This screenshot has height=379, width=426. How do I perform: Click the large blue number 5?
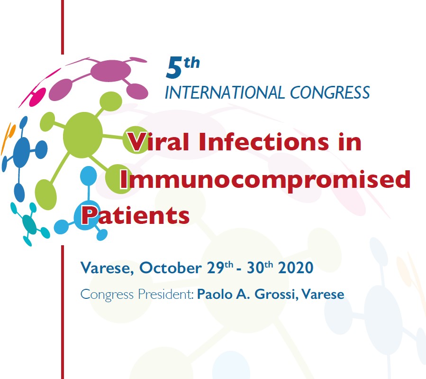pyautogui.click(x=174, y=68)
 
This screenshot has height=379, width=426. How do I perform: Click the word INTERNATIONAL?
pyautogui.click(x=225, y=92)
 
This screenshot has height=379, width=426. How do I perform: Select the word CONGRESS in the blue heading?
pyautogui.click(x=330, y=92)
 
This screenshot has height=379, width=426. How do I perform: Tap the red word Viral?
pyautogui.click(x=158, y=142)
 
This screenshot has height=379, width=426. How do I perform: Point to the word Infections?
pyautogui.click(x=263, y=142)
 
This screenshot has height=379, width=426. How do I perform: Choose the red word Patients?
pyautogui.click(x=136, y=215)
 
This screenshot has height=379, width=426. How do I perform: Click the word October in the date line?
pyautogui.click(x=170, y=268)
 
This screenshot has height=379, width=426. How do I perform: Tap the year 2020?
pyautogui.click(x=296, y=268)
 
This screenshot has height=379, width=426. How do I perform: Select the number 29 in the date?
pyautogui.click(x=216, y=268)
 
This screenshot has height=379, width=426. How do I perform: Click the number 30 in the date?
pyautogui.click(x=256, y=268)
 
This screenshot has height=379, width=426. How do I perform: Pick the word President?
pyautogui.click(x=166, y=294)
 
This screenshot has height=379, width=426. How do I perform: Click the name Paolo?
pyautogui.click(x=215, y=294)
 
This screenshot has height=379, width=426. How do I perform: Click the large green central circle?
pyautogui.click(x=83, y=135)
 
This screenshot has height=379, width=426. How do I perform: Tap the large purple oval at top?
pyautogui.click(x=110, y=71)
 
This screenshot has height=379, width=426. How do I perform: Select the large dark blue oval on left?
pyautogui.click(x=21, y=152)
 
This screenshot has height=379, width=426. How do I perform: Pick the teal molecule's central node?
pyautogui.click(x=29, y=224)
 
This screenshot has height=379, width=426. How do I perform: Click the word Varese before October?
pyautogui.click(x=107, y=268)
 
